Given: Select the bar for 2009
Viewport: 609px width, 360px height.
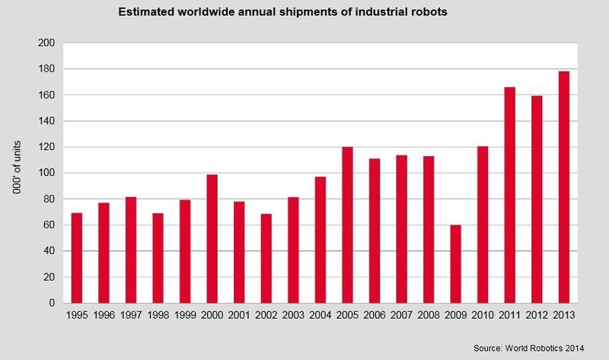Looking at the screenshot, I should (456, 264).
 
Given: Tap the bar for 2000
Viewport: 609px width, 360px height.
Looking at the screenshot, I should (212, 239).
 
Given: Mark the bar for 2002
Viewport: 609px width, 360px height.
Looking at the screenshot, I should (266, 258).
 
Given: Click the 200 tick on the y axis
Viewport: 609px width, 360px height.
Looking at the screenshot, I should (49, 43).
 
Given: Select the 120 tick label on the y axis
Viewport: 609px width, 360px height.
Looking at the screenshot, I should (49, 148).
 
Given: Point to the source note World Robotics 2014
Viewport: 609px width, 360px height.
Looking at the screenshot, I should (528, 347).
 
